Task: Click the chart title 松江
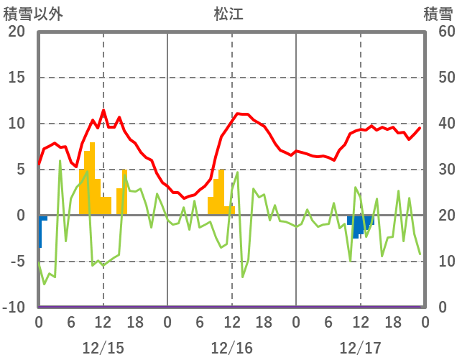229,14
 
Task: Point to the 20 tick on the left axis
16,32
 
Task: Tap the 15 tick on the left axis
16,78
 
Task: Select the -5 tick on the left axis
16,262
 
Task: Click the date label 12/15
103,349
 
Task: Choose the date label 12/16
231,349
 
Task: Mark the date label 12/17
360,349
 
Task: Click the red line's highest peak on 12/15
103,111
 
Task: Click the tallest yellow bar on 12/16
221,192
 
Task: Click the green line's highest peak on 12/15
60,161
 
